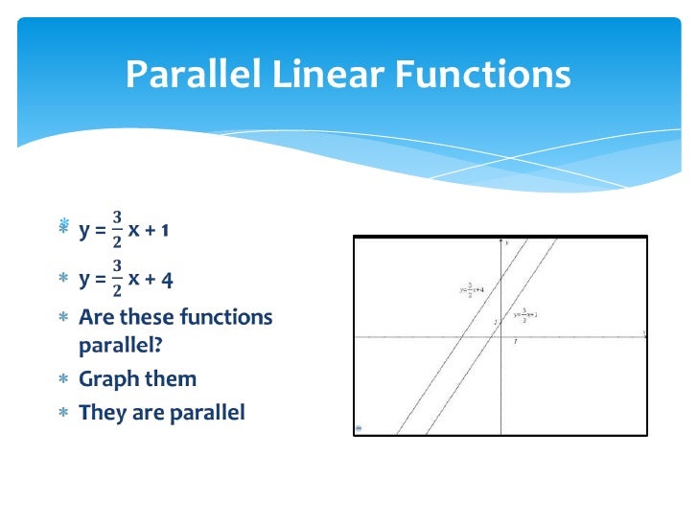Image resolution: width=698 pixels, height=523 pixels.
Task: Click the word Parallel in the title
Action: pyautogui.click(x=197, y=74)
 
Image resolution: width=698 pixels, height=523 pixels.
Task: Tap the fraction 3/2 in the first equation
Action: pyautogui.click(x=117, y=229)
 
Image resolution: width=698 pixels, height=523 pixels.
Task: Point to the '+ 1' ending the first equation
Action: pyautogui.click(x=159, y=229)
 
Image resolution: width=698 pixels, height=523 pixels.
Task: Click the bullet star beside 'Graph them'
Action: pyautogui.click(x=63, y=379)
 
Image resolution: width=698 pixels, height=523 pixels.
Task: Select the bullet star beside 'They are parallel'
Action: pyautogui.click(x=63, y=413)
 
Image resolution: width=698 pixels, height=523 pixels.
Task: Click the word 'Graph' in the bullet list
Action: pyautogui.click(x=109, y=379)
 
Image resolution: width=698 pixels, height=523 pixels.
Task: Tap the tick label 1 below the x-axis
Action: pyautogui.click(x=516, y=342)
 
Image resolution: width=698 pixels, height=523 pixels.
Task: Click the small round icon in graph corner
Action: pyautogui.click(x=360, y=429)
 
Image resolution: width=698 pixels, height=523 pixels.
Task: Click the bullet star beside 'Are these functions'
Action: pyautogui.click(x=63, y=317)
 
